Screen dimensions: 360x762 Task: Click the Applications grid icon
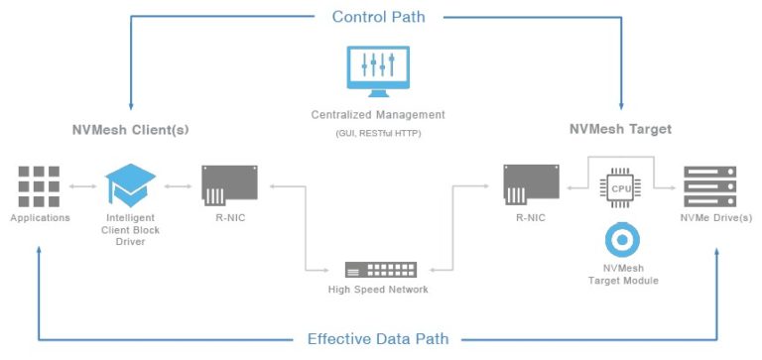click(x=39, y=184)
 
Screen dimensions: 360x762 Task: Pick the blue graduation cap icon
click(x=131, y=185)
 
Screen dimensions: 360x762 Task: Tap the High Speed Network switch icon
click(x=381, y=269)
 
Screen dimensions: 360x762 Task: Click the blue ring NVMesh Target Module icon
click(x=622, y=240)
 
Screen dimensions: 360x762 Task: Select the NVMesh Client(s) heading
click(x=130, y=130)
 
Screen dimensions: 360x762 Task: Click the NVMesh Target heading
click(x=620, y=130)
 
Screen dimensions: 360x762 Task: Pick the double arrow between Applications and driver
click(x=83, y=185)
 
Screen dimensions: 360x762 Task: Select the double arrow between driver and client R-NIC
click(x=179, y=185)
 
